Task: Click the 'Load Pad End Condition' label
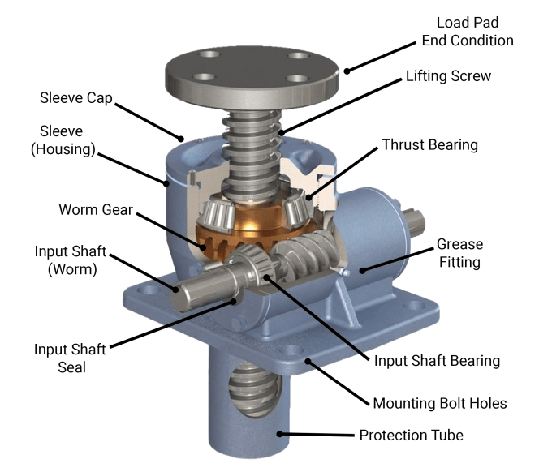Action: click(468, 32)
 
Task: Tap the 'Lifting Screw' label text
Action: click(448, 76)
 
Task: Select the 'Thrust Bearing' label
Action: click(430, 145)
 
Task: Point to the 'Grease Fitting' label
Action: click(459, 253)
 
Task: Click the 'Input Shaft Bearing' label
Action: click(437, 361)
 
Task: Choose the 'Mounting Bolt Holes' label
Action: click(440, 403)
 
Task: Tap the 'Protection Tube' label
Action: click(412, 436)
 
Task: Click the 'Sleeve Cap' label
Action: click(76, 98)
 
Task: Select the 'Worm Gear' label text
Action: click(96, 209)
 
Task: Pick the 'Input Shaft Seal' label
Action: click(70, 358)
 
